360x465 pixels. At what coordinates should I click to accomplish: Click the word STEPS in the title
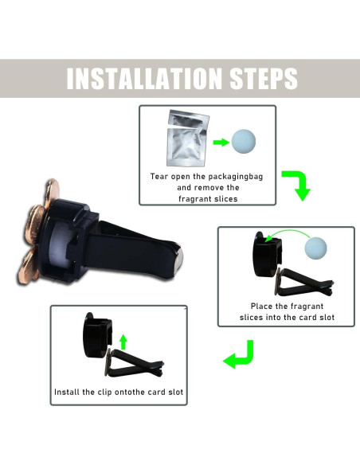tap(257, 78)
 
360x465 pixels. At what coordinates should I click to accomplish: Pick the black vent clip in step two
tap(296, 281)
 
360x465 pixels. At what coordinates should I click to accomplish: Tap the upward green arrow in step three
tap(123, 342)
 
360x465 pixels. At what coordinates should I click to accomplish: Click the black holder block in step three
tap(96, 335)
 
